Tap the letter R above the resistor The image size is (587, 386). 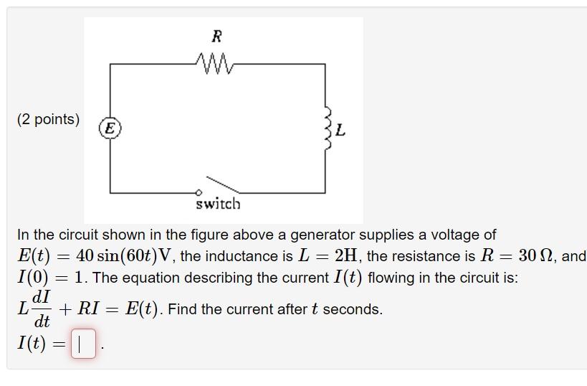(x=216, y=36)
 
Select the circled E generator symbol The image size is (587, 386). (x=110, y=128)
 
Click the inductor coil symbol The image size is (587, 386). (x=328, y=128)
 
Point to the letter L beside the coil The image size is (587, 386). (x=340, y=131)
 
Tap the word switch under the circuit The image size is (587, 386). (x=219, y=204)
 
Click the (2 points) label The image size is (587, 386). (x=48, y=119)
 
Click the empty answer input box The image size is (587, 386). (x=83, y=344)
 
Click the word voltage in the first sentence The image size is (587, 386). (x=452, y=235)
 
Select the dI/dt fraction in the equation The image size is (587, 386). (x=42, y=309)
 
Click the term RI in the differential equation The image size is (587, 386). (x=88, y=309)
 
